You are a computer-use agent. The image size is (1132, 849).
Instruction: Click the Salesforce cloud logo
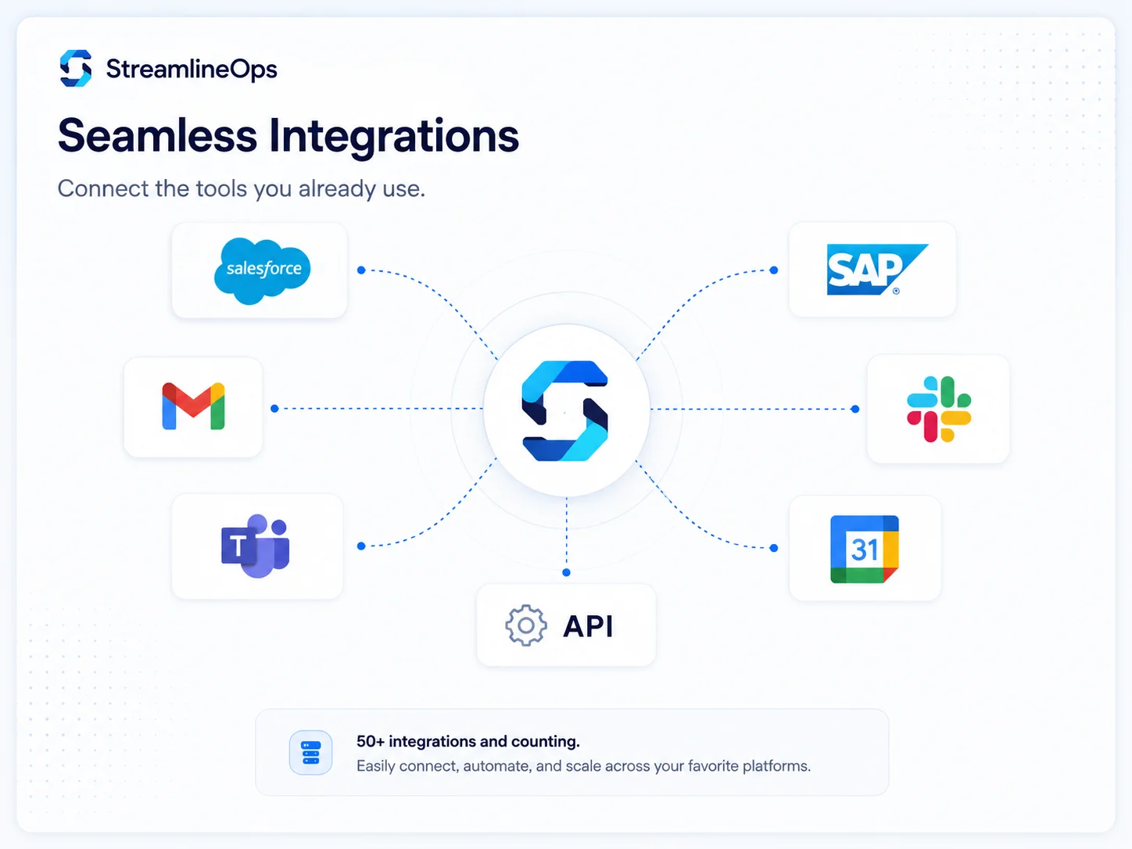coord(262,270)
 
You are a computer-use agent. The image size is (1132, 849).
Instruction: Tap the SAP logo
coord(876,269)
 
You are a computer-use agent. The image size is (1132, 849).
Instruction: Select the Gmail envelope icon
coord(193,407)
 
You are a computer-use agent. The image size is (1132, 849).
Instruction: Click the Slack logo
coord(939,410)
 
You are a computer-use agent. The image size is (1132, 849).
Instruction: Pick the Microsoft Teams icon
coord(256,546)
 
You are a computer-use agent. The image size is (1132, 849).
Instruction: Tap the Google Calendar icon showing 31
coord(865,549)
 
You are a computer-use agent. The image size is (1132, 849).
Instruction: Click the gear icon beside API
coord(526,625)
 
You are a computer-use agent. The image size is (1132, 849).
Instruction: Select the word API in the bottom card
coord(588,626)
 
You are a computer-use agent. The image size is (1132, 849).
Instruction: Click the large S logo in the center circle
coord(565,411)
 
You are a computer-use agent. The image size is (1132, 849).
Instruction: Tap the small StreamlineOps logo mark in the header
coord(76,68)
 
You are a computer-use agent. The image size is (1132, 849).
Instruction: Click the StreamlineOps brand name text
coord(192,69)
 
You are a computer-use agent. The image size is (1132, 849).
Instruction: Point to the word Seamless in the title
coord(157,135)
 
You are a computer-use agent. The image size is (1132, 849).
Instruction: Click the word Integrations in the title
coord(394,138)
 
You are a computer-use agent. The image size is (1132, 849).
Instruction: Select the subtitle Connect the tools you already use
coord(242,188)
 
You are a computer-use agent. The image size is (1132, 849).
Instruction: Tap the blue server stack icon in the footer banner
coord(310,753)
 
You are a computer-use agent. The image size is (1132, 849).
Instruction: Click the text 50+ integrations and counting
coord(468,741)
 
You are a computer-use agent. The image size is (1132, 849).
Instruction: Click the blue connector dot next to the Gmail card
coord(275,409)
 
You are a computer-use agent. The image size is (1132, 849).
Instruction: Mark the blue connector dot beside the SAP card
coord(774,270)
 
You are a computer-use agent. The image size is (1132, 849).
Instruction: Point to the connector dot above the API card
coord(566,573)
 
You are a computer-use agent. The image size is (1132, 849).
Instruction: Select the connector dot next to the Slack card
coord(855,410)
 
